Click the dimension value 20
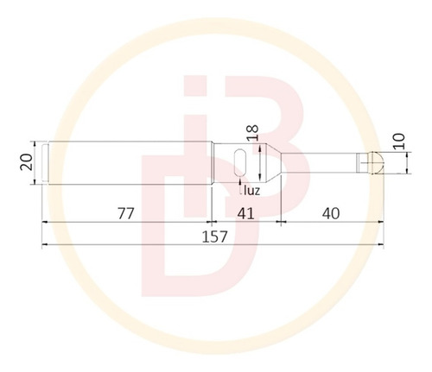[x=26, y=162]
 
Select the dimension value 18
[x=253, y=133]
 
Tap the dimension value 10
[x=399, y=142]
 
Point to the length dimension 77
[x=126, y=213]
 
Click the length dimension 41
[x=245, y=213]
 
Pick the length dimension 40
[x=331, y=213]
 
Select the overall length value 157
[x=214, y=236]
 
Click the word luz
[x=251, y=190]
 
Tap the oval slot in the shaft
[x=240, y=162]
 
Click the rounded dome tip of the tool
[x=377, y=163]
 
